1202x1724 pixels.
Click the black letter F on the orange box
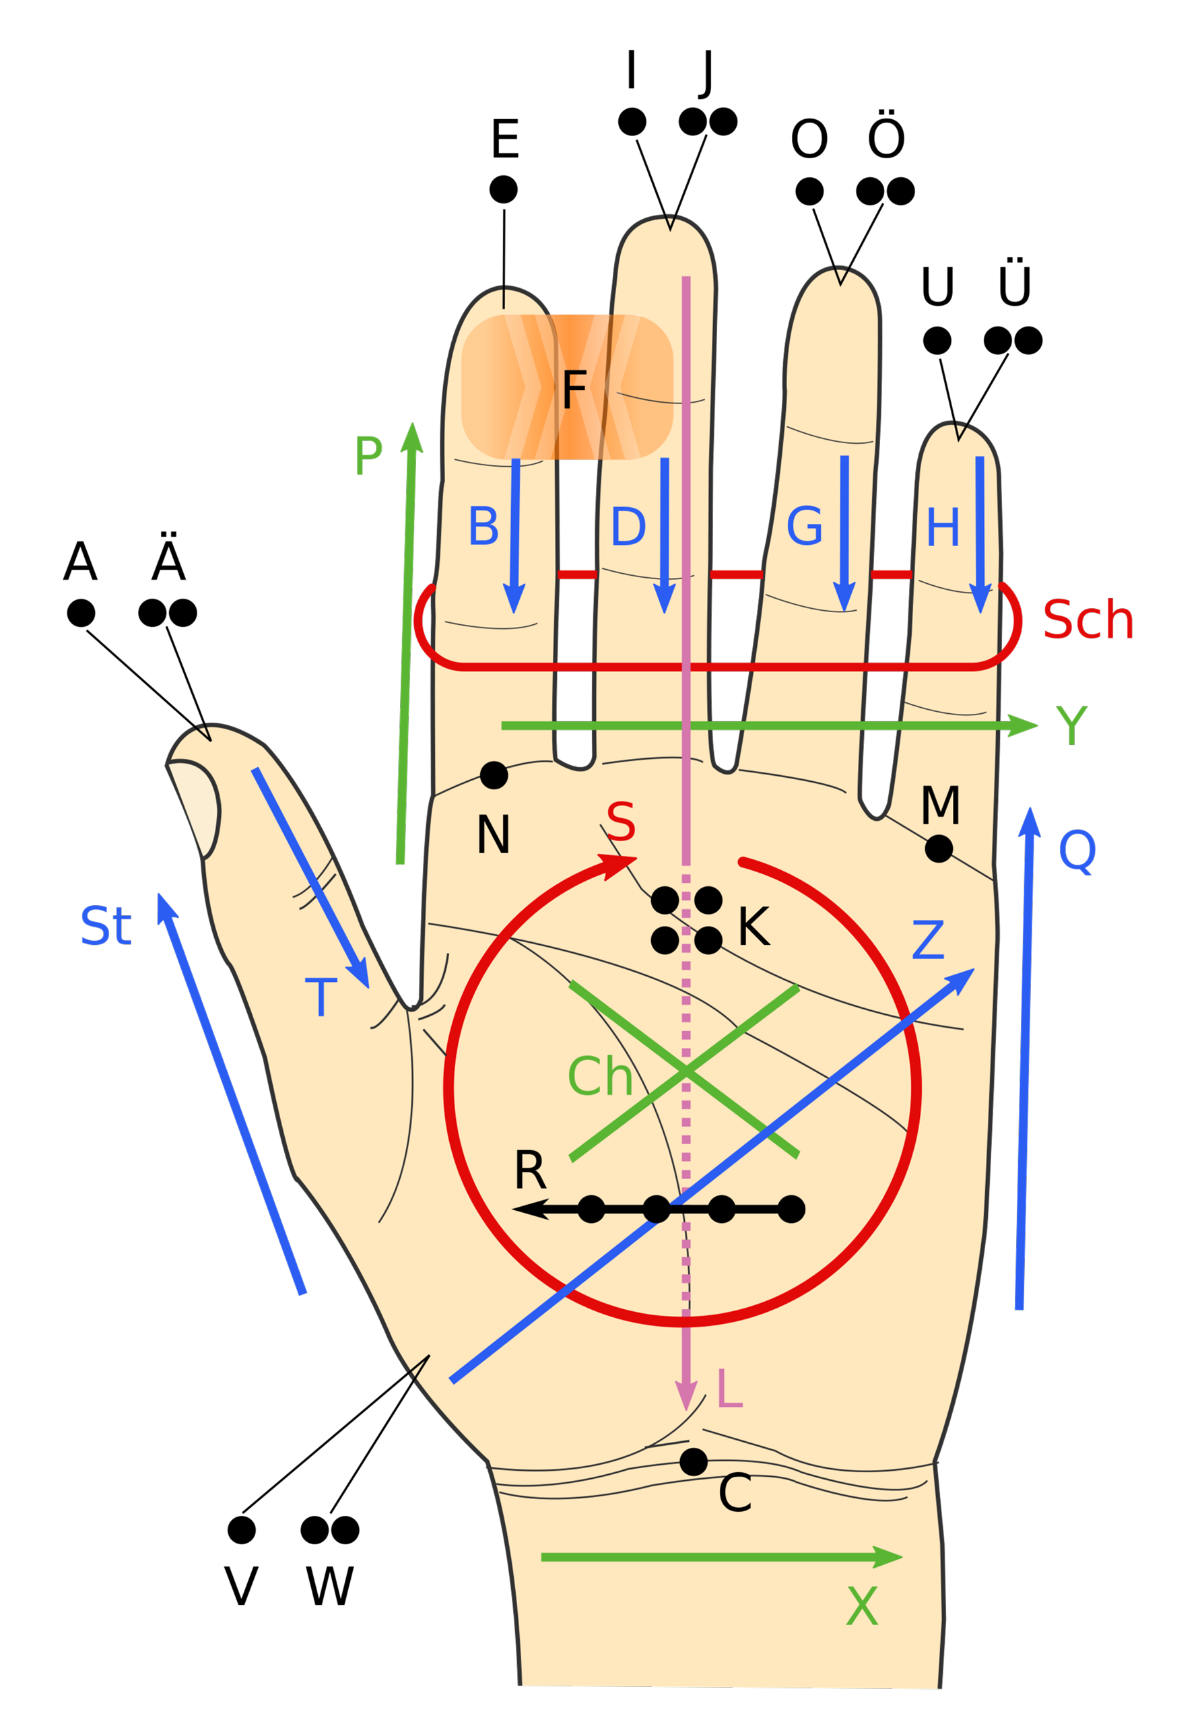click(574, 390)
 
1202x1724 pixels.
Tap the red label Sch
click(1088, 621)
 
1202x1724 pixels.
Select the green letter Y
click(1071, 725)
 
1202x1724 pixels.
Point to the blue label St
click(106, 926)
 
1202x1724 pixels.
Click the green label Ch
click(600, 1077)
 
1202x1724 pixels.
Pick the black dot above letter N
click(494, 775)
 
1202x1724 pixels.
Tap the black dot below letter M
click(939, 849)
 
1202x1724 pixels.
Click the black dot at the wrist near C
click(693, 1461)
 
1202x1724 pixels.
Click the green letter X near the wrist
click(862, 1607)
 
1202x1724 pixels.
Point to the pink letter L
click(729, 1389)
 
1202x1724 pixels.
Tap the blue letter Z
click(928, 941)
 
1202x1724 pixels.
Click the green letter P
click(368, 456)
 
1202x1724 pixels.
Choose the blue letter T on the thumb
click(321, 997)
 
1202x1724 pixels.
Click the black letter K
click(754, 927)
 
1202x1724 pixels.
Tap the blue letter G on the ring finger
click(804, 527)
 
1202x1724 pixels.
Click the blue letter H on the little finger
click(943, 527)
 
